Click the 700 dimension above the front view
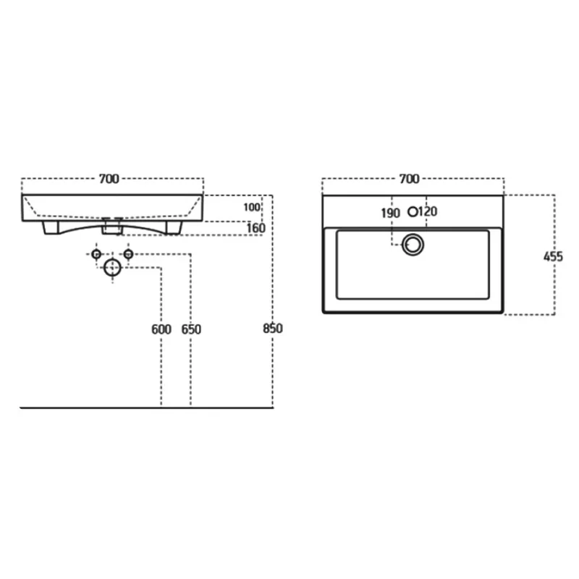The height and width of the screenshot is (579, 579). (x=109, y=179)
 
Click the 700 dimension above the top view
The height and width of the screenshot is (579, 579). (x=409, y=179)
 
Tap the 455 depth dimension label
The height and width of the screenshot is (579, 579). (x=553, y=257)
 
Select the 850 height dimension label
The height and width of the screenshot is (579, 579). (x=273, y=329)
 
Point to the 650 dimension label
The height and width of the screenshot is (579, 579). (x=191, y=329)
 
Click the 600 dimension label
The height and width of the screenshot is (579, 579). (x=161, y=329)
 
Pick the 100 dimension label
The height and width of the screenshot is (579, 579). (x=252, y=207)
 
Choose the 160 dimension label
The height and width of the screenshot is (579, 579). (x=256, y=228)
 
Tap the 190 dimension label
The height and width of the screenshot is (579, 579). (x=390, y=213)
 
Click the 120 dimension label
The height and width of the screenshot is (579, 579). (x=428, y=211)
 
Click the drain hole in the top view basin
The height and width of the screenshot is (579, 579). (x=413, y=245)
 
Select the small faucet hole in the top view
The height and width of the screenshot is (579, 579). (x=413, y=212)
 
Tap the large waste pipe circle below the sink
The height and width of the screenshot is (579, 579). (x=113, y=268)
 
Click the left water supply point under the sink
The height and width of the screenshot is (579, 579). (x=96, y=254)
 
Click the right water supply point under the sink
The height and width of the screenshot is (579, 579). (x=128, y=254)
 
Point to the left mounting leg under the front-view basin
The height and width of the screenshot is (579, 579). (x=51, y=227)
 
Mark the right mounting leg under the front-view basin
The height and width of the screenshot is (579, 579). (x=174, y=227)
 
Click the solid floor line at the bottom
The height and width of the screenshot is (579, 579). (x=147, y=407)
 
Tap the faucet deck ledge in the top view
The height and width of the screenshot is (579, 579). (x=413, y=211)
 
